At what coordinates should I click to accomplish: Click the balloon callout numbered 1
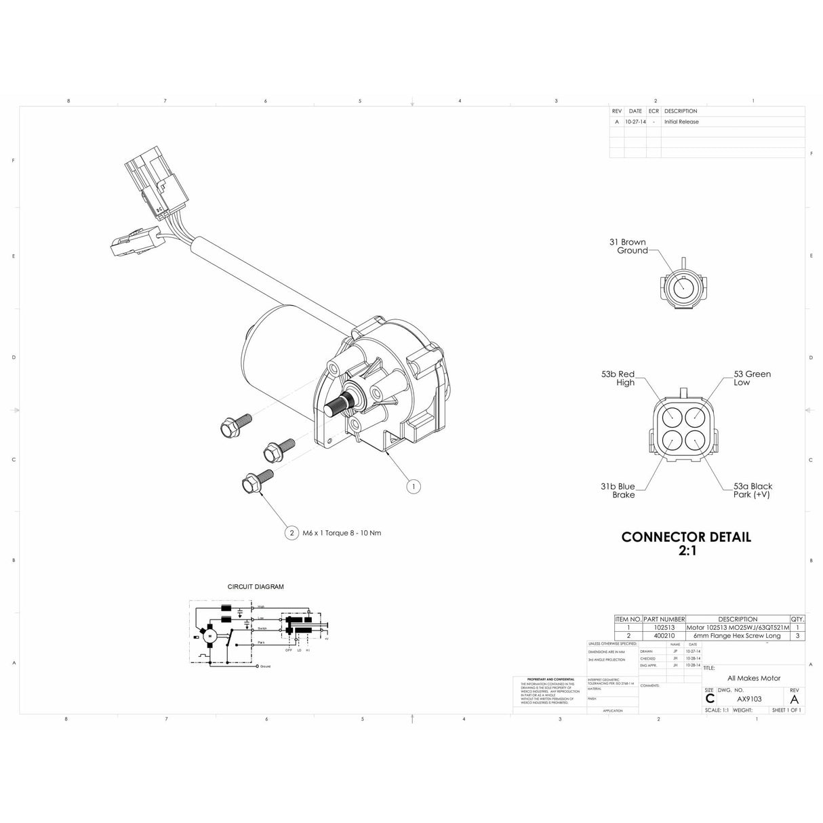[414, 486]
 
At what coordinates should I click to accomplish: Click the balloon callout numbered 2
[292, 533]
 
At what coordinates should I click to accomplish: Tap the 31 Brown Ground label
[628, 246]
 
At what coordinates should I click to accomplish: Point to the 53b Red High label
[618, 378]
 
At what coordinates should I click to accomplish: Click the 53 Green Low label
[752, 378]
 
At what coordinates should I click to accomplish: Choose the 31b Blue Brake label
[618, 491]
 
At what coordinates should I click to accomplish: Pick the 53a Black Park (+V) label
[752, 491]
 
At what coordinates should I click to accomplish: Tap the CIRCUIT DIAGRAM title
[256, 587]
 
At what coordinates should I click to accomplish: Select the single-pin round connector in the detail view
[683, 289]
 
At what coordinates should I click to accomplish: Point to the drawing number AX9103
[749, 699]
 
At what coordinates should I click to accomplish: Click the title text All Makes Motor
[754, 678]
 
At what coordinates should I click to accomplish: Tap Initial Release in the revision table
[681, 122]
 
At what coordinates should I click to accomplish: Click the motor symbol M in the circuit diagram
[210, 636]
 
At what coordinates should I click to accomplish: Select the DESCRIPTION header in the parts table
[738, 619]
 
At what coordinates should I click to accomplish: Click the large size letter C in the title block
[710, 699]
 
